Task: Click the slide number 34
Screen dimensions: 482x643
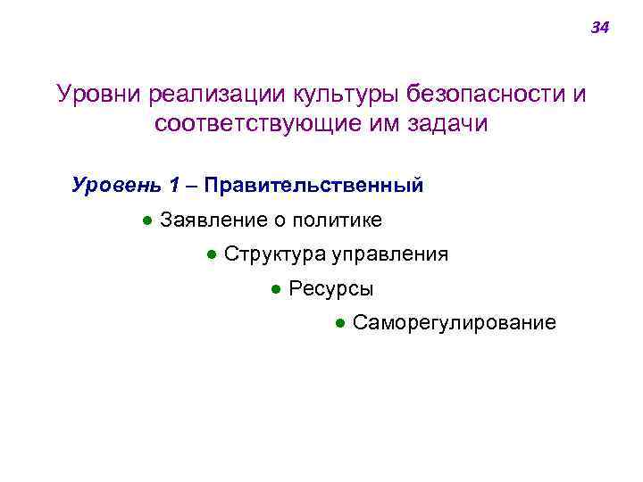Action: coord(599,29)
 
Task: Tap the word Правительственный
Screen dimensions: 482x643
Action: coord(313,186)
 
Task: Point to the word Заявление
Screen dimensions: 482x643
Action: coord(207,220)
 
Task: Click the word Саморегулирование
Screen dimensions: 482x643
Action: coord(454,323)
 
